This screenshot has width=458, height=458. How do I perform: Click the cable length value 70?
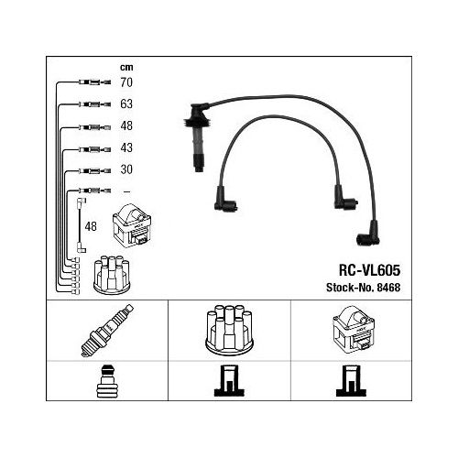[126, 82]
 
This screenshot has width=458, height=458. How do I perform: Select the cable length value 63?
[126, 104]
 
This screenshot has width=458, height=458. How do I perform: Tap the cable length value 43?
[126, 147]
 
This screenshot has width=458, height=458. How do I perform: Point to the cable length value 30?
[126, 169]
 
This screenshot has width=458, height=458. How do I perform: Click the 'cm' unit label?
[126, 67]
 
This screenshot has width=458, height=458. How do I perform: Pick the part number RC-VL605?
[369, 270]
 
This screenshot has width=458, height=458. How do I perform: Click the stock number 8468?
[388, 288]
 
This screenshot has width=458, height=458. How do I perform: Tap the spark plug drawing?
[107, 331]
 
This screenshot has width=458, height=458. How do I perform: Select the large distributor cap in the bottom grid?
[229, 330]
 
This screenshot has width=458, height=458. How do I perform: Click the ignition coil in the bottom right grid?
[354, 330]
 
